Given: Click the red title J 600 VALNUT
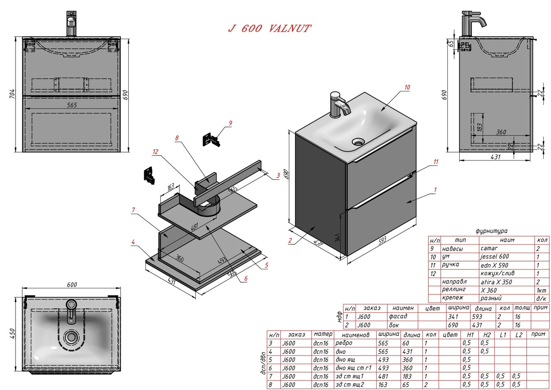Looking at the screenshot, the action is pyautogui.click(x=269, y=28).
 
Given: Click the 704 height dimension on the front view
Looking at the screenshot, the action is pyautogui.click(x=12, y=94).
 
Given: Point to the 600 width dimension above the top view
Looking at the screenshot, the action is pyautogui.click(x=72, y=284).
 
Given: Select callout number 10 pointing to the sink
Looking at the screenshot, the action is pyautogui.click(x=407, y=87).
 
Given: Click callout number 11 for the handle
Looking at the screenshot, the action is pyautogui.click(x=436, y=162).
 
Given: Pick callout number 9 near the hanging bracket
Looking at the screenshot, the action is pyautogui.click(x=230, y=123).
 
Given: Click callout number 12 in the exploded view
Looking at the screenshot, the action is pyautogui.click(x=155, y=152).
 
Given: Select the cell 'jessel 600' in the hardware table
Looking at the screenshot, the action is pyautogui.click(x=495, y=256).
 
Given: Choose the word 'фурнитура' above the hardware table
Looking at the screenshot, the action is pyautogui.click(x=492, y=231).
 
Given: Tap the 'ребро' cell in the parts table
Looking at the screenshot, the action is pyautogui.click(x=344, y=343).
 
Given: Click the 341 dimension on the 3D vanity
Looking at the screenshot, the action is pyautogui.click(x=337, y=238).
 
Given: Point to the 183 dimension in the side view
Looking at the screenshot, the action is pyautogui.click(x=480, y=127).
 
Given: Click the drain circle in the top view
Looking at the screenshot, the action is pyautogui.click(x=71, y=337).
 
